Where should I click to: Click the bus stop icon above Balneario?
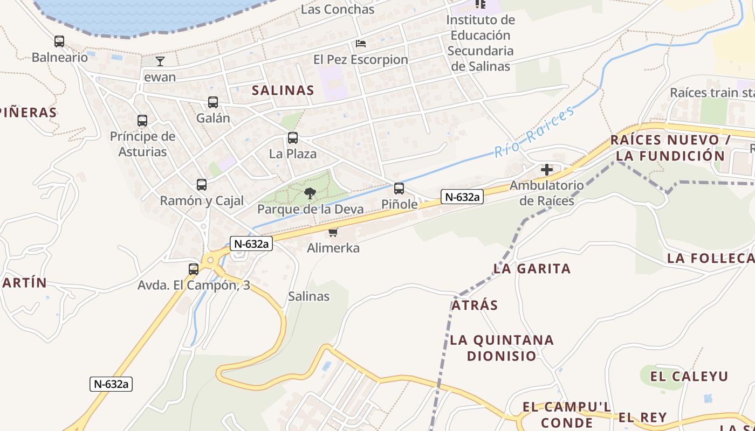click(x=59, y=41)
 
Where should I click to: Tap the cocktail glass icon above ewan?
click(x=160, y=61)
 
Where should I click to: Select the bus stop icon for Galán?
click(x=213, y=102)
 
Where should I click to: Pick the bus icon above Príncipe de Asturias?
click(x=142, y=121)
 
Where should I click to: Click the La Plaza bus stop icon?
click(x=293, y=138)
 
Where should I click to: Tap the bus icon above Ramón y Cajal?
click(x=202, y=185)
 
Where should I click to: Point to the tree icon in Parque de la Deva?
click(x=310, y=193)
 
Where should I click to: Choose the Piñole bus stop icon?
click(x=399, y=189)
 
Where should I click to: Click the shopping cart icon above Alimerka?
click(x=333, y=233)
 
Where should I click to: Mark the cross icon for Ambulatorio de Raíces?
click(x=547, y=170)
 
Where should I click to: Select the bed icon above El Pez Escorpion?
click(x=361, y=44)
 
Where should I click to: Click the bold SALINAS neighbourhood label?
click(x=283, y=91)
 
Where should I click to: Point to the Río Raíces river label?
click(x=534, y=132)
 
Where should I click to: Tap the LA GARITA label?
click(x=532, y=268)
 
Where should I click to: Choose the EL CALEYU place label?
click(x=689, y=376)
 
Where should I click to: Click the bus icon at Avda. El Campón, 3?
click(x=194, y=269)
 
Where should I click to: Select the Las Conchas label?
click(x=338, y=10)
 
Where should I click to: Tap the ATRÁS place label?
click(x=475, y=305)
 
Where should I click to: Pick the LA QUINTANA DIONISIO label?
click(x=502, y=348)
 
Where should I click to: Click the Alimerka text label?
click(x=333, y=248)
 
